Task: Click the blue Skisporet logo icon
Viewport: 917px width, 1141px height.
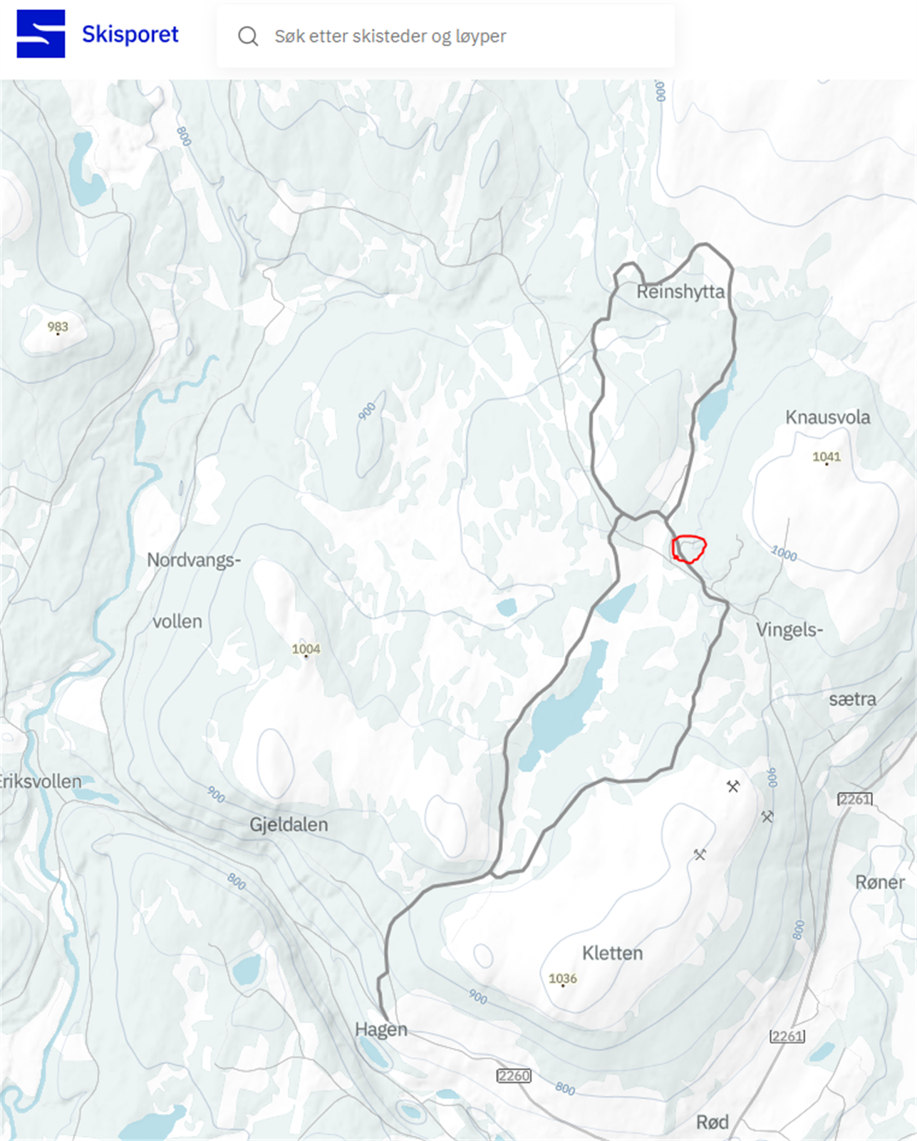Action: click(41, 34)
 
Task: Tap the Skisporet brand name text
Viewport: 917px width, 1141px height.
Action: click(130, 34)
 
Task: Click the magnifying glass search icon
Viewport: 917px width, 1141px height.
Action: click(248, 36)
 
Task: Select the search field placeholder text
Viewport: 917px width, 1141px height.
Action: click(390, 36)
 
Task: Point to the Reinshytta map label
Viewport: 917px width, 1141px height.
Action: click(680, 292)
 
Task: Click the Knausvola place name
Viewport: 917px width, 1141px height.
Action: click(827, 417)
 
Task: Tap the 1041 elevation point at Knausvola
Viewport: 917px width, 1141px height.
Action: click(827, 457)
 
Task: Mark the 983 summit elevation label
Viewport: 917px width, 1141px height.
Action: click(58, 327)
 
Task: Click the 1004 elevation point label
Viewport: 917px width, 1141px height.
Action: click(306, 649)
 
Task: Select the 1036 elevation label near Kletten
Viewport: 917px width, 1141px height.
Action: click(562, 978)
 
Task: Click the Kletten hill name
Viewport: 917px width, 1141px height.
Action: click(612, 953)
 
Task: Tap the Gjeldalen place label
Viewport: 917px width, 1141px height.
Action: click(289, 825)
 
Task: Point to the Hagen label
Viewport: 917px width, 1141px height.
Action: click(381, 1030)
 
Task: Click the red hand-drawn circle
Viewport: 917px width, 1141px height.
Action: click(689, 549)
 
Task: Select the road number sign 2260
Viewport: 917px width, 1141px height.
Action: click(514, 1075)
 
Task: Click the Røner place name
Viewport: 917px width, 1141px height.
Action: click(879, 882)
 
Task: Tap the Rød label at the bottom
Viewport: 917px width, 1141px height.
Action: click(712, 1122)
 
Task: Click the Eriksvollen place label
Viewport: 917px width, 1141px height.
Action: click(40, 782)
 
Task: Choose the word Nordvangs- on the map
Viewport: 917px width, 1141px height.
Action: click(194, 561)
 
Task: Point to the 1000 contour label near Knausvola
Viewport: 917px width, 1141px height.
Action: click(784, 553)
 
